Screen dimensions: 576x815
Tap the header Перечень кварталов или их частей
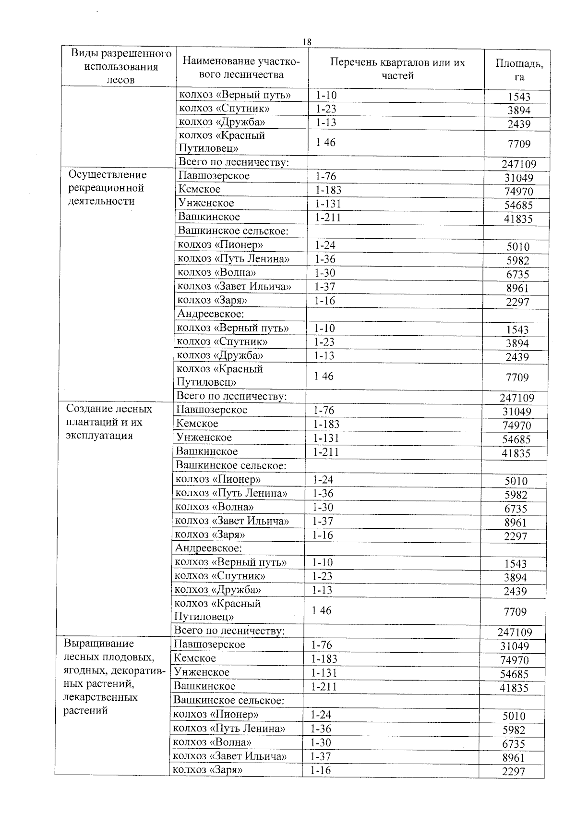[x=397, y=69]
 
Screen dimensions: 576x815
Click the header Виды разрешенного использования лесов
[x=121, y=66]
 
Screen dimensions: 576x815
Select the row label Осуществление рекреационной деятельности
[x=107, y=188]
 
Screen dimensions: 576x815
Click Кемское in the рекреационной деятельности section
[x=199, y=189]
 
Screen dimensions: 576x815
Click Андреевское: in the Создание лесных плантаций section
[x=208, y=548]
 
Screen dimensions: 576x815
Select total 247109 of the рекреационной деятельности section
[x=518, y=398]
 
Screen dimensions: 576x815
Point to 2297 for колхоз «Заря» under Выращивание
[x=513, y=771]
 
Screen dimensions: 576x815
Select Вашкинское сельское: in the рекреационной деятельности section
[x=233, y=231]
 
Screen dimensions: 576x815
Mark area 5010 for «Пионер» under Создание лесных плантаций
[x=516, y=481]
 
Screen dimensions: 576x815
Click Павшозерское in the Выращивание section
[x=209, y=645]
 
